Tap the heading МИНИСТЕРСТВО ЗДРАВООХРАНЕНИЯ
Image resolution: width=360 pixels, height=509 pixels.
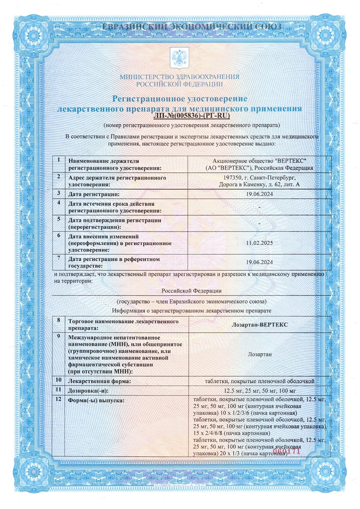179,77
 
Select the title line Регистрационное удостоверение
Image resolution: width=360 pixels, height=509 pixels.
179,99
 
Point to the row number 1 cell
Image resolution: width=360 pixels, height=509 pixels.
58,160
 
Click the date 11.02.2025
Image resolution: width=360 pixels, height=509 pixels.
259,243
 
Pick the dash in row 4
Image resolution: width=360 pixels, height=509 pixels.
259,207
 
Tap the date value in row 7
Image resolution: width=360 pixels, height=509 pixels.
259,262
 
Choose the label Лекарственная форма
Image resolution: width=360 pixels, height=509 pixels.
99,381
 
